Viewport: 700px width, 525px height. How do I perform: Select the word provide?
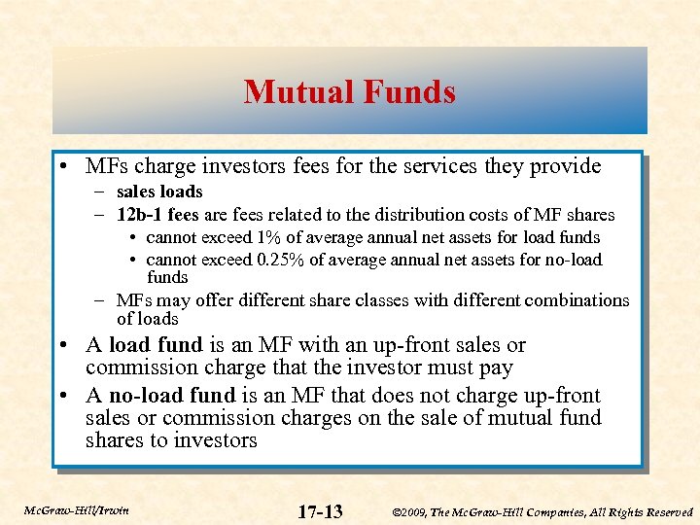coord(565,166)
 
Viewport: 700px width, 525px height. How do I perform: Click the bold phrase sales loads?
coord(159,192)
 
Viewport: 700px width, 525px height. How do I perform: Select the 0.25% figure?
coord(296,260)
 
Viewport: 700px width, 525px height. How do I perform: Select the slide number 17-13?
coord(320,511)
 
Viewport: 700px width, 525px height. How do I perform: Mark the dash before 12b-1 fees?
coord(101,215)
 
